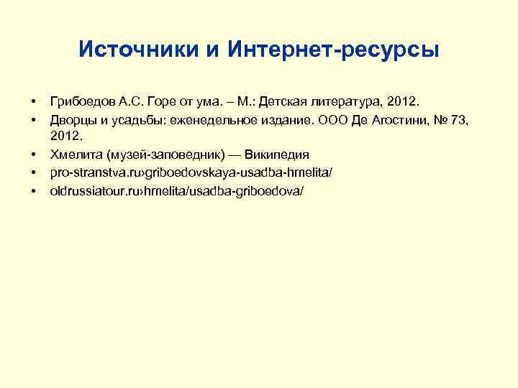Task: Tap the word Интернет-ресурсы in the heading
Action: tap(333, 50)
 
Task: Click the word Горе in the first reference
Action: tap(163, 98)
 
